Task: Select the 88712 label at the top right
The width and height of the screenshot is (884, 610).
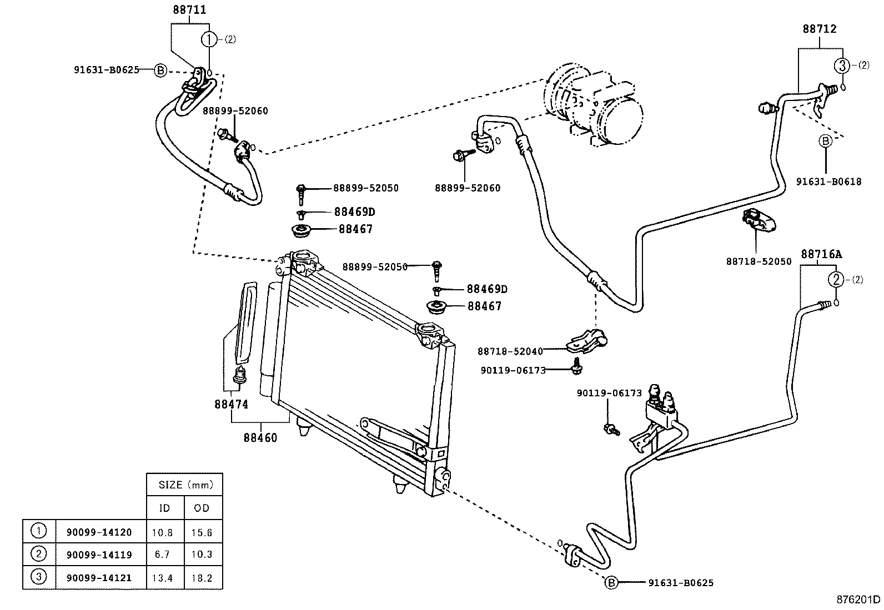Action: pos(819,29)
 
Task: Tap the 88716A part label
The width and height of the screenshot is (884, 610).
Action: pos(821,254)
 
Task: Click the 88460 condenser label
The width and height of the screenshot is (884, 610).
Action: pos(260,437)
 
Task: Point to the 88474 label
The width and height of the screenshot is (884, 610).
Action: pos(231,405)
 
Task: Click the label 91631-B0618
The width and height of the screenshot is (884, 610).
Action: pos(828,182)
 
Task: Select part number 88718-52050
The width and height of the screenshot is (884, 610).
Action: pos(759,261)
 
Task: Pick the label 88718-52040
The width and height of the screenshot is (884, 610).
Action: pos(510,351)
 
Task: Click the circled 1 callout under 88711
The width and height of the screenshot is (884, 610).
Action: pos(208,39)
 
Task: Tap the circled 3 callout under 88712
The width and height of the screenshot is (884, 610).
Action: pos(841,65)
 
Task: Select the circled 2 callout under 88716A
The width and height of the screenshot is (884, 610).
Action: pos(836,279)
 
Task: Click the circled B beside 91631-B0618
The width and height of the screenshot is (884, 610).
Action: pos(825,142)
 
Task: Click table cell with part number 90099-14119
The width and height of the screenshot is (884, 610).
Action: pos(99,554)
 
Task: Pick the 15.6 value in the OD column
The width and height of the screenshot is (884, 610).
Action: pos(202,532)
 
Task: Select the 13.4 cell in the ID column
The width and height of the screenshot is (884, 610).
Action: pos(162,578)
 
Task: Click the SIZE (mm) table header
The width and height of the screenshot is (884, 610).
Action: pos(185,485)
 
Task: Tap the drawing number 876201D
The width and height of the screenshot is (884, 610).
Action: pos(858,599)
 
